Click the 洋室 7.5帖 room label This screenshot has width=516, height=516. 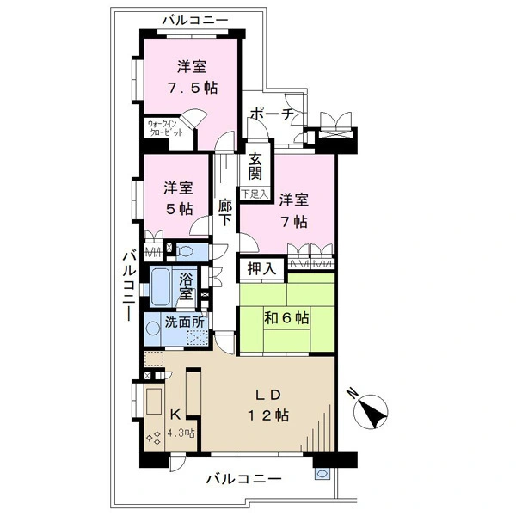pyautogui.click(x=191, y=77)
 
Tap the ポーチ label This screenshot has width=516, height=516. pyautogui.click(x=271, y=114)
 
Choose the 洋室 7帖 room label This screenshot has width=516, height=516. pyautogui.click(x=293, y=210)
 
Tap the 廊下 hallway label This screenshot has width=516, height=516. pyautogui.click(x=225, y=213)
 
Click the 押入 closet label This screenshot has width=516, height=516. pyautogui.click(x=261, y=269)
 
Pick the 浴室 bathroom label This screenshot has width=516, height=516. pyautogui.click(x=187, y=286)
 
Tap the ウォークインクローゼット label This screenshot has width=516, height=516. pyautogui.click(x=165, y=128)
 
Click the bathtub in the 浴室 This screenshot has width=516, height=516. pyautogui.click(x=162, y=286)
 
